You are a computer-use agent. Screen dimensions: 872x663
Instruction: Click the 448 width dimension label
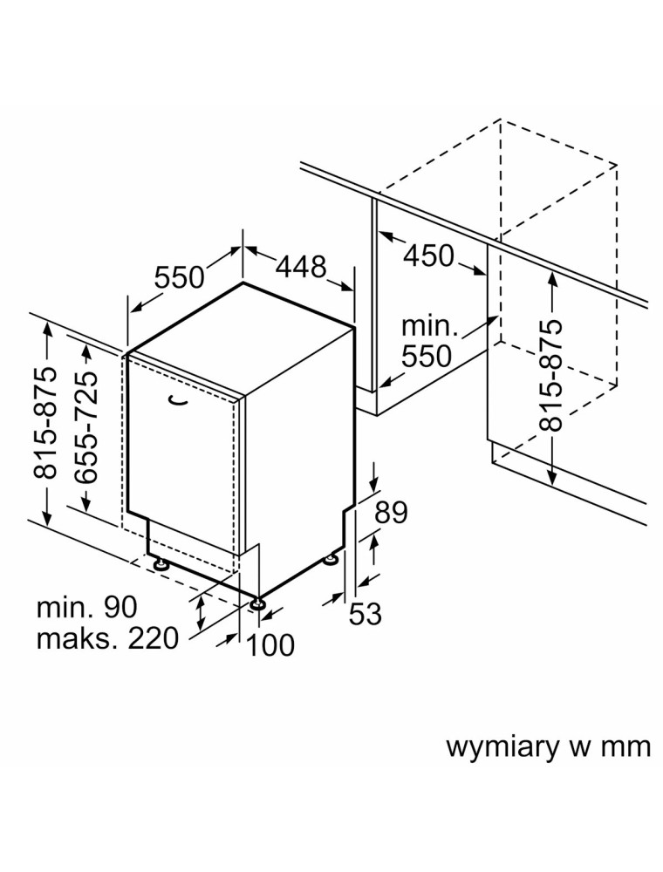301,267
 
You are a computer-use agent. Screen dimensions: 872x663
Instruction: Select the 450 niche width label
428,255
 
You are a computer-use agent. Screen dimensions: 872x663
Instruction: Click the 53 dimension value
366,614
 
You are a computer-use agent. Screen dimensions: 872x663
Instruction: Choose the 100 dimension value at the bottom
269,645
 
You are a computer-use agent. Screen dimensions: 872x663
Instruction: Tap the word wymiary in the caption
500,747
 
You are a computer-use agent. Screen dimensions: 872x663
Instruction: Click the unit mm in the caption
629,747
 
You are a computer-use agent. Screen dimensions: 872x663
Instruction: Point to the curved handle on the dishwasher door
178,399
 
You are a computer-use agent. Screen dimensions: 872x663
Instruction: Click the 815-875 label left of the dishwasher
44,423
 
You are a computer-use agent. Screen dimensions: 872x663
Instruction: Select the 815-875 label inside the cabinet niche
551,375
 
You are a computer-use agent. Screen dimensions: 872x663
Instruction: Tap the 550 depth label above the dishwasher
179,277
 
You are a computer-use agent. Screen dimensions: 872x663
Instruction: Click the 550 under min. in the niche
427,356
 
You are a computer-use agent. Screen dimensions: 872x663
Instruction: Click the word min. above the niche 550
429,327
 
